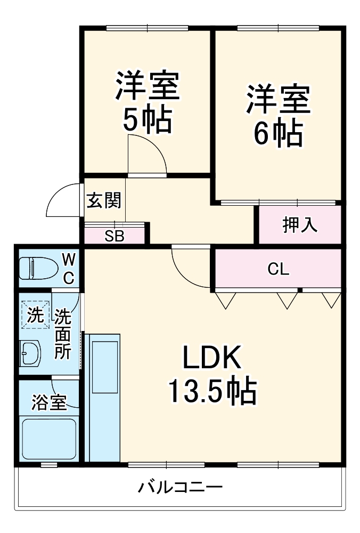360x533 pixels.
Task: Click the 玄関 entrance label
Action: (x=104, y=200)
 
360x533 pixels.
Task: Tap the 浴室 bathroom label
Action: (x=49, y=403)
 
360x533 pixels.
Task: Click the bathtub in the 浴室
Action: (x=48, y=438)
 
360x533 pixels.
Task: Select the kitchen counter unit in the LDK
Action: (x=104, y=397)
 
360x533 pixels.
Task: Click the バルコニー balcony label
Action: (x=180, y=487)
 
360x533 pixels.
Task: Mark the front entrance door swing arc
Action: (x=62, y=201)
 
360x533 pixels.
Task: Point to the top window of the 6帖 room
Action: (x=277, y=28)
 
